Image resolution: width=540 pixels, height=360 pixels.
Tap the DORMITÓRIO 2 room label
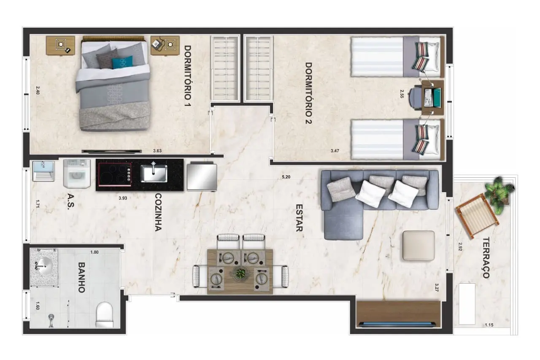[308, 93]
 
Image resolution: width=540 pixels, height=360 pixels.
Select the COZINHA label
[158, 212]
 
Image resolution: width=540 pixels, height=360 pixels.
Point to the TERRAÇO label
[486, 258]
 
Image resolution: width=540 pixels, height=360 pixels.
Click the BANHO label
[82, 278]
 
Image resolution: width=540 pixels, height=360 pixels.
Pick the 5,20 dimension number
[286, 177]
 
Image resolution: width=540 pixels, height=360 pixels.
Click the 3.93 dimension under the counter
[123, 198]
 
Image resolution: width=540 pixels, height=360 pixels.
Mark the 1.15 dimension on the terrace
[489, 325]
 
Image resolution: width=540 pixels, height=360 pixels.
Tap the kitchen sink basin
[154, 173]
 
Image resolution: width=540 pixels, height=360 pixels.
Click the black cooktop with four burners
[115, 175]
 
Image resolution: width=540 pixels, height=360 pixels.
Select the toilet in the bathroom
[105, 315]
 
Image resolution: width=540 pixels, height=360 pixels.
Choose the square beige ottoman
[418, 246]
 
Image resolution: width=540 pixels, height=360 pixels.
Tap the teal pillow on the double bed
[122, 62]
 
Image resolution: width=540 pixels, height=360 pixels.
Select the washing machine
[77, 173]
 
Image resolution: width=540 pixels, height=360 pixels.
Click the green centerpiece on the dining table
[240, 273]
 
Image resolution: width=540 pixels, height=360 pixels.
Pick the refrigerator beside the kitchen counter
[202, 176]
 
